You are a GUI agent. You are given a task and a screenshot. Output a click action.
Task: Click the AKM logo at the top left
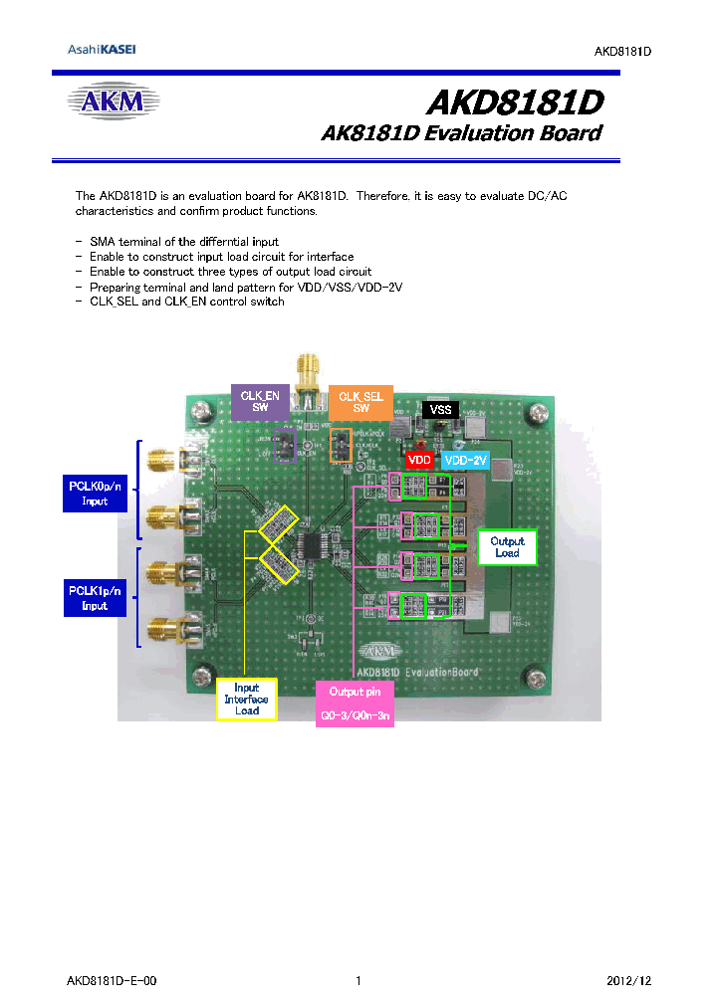(113, 101)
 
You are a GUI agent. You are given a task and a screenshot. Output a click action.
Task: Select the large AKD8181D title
(514, 102)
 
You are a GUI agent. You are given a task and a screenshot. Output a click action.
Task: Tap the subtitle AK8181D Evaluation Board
(460, 133)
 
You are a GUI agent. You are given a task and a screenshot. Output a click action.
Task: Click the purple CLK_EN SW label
(260, 401)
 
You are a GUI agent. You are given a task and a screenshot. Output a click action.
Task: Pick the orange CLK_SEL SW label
(360, 402)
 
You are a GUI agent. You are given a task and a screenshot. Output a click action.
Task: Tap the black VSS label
(440, 409)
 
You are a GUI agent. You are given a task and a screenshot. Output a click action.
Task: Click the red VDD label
(420, 461)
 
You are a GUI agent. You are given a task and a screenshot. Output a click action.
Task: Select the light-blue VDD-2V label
(465, 461)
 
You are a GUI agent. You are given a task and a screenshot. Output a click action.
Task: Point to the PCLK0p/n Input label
(95, 494)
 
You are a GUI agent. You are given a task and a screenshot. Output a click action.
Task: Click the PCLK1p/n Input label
(95, 598)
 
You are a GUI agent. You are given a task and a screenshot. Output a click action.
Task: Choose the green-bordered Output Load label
(507, 546)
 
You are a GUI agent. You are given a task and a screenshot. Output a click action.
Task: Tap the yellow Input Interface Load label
(246, 699)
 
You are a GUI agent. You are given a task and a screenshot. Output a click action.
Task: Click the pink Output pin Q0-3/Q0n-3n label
(355, 704)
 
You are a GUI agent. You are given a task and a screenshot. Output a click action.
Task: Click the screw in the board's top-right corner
(539, 411)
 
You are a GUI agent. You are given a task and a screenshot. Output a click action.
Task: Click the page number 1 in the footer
(358, 981)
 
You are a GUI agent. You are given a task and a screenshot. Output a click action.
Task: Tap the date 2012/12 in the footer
(628, 981)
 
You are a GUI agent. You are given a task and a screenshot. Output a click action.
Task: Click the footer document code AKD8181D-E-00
(112, 981)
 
